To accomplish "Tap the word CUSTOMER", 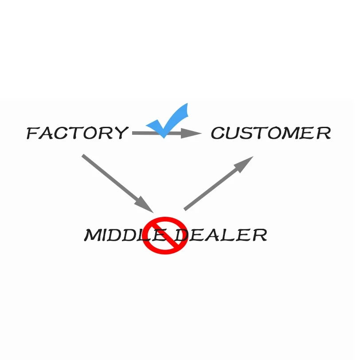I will point(270,133).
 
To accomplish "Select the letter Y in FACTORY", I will point(120,133).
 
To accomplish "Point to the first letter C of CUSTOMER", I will point(218,133).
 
